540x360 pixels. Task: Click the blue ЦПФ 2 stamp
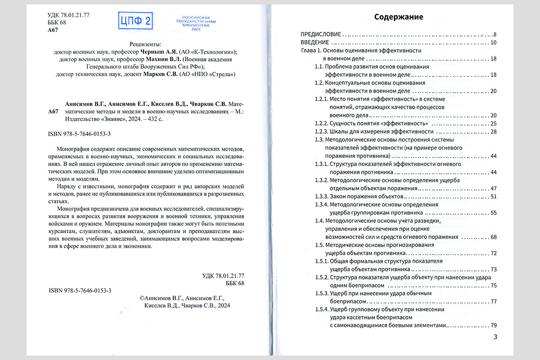coord(135,21)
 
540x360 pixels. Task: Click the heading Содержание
coord(399,17)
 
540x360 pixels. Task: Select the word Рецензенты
coord(144,44)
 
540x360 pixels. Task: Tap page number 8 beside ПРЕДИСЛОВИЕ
coord(494,34)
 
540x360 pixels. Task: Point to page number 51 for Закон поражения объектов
coord(492,197)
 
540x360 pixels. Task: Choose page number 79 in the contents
coord(492,325)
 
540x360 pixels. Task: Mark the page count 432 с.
coord(152,119)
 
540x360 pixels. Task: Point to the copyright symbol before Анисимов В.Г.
coord(143,297)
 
